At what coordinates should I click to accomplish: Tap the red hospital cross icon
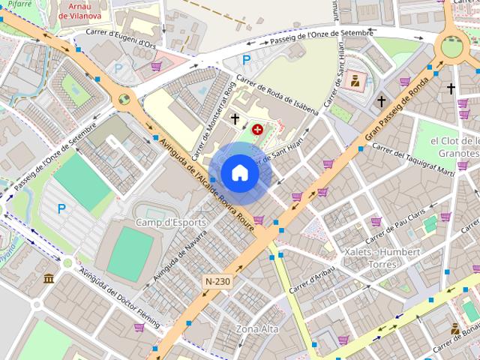point(258,130)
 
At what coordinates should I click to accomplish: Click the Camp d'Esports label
point(166,222)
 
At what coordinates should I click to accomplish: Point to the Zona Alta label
point(257,329)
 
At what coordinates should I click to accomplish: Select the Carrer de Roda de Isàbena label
point(277,96)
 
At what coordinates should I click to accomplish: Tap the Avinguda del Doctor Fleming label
point(120,298)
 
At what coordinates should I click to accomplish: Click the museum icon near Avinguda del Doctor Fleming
point(49,279)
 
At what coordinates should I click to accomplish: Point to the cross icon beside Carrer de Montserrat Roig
point(235,118)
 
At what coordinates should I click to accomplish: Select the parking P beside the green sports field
point(61,208)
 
